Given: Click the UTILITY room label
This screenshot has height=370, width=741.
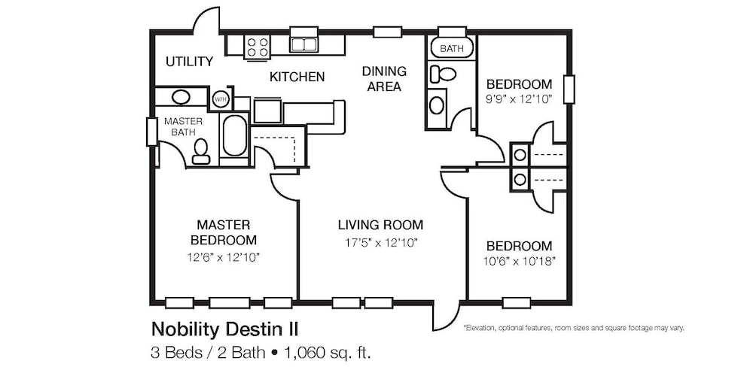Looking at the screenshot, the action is point(189,62).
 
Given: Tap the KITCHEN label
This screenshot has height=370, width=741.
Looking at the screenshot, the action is point(297,77).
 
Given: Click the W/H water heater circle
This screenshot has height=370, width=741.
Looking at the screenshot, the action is point(220,99).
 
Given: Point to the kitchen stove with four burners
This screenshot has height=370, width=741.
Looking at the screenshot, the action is point(257,47).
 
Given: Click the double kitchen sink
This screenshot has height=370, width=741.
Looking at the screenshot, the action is point(304,44).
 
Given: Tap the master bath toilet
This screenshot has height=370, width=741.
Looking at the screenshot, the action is point(201,151).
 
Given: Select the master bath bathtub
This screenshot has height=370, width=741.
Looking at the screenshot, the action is point(234,135).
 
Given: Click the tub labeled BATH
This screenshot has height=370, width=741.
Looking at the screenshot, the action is point(452,48).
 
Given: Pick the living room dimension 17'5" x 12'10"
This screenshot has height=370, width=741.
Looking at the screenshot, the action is point(380,243).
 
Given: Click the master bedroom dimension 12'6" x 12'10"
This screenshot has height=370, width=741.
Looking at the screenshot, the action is point(224,258).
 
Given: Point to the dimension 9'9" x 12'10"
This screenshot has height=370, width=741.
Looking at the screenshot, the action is point(519,99).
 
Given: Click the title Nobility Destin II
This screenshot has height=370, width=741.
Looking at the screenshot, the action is point(224,329).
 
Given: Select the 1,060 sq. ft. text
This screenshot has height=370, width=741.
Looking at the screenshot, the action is point(327,352).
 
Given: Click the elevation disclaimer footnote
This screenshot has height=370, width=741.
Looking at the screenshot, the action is point(574,327).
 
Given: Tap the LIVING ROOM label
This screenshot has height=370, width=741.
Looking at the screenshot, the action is point(380,225).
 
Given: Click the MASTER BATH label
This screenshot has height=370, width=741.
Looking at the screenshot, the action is point(183,126).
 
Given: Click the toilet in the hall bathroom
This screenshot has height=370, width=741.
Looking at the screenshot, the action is point(442,74).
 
